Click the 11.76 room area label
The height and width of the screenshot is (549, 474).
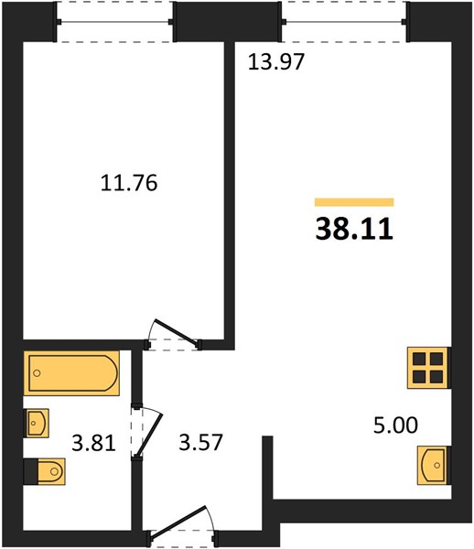(x=129, y=183)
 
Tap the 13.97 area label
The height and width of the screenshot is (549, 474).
(x=275, y=62)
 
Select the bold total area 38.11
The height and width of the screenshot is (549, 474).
(x=354, y=230)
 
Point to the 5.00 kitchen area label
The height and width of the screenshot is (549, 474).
(x=395, y=425)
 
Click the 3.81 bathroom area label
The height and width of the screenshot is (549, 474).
(x=93, y=443)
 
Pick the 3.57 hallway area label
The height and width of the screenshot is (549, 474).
(x=200, y=442)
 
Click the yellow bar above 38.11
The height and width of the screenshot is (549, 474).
(x=354, y=202)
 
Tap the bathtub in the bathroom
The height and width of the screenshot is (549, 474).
(x=71, y=373)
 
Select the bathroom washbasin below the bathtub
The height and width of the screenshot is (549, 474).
(x=36, y=423)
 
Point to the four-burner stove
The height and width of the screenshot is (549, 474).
(x=429, y=368)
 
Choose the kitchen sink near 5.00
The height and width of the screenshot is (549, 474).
(x=434, y=466)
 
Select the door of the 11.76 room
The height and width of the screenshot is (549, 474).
(x=178, y=331)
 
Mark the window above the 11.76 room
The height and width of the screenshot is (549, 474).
(x=114, y=22)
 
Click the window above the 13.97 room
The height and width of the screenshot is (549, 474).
(x=344, y=22)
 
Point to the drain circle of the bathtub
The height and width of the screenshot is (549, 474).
(x=37, y=373)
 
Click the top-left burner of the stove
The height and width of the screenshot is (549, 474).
(x=419, y=359)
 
